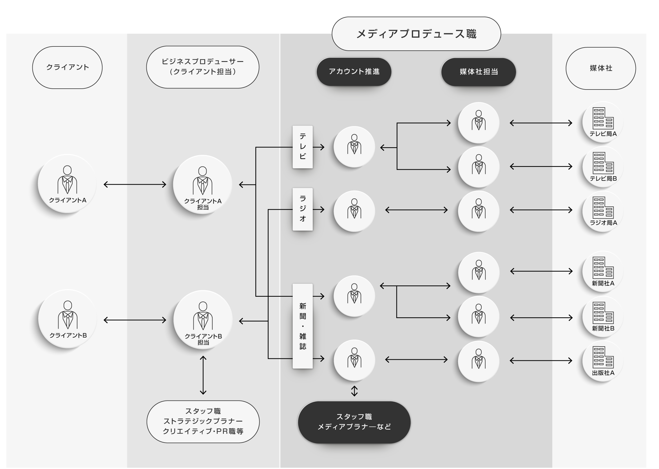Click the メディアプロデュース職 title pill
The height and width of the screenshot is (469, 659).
click(416, 34)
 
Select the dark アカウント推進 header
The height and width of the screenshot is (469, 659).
click(354, 72)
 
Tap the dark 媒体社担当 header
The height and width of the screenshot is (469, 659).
click(479, 72)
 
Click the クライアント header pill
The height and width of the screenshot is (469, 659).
click(67, 68)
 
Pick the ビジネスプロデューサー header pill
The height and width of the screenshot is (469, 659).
click(202, 67)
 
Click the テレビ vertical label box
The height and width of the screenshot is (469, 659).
click(303, 147)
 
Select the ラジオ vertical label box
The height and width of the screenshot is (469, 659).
click(303, 209)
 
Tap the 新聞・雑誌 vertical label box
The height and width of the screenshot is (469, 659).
click(303, 326)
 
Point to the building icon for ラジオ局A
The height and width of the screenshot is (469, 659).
click(603, 208)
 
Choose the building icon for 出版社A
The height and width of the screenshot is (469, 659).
click(603, 357)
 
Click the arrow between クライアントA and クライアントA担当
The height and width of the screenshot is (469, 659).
click(135, 184)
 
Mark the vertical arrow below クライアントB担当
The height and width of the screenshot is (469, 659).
click(203, 375)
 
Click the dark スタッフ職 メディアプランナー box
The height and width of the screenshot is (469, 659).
click(354, 422)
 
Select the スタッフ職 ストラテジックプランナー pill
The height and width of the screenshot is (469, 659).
click(203, 421)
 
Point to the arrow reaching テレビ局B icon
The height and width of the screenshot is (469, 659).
click(541, 166)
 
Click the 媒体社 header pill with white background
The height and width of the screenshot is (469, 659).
click(601, 68)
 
